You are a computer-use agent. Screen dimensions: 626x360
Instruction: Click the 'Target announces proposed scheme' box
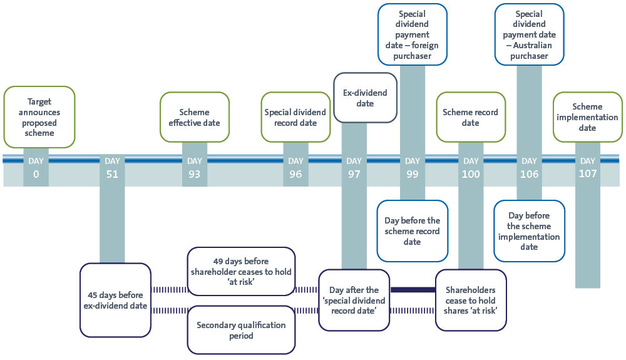[x=39, y=117]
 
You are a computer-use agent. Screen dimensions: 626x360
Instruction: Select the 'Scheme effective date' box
[x=195, y=117]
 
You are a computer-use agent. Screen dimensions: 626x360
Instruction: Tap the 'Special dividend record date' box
[x=295, y=117]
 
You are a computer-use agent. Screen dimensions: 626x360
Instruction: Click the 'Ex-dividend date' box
[x=366, y=98]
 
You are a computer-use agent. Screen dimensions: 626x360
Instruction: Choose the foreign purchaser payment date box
[x=413, y=34]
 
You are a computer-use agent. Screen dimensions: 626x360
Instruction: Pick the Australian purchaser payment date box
[x=530, y=34]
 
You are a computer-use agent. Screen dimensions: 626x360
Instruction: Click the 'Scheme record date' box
[x=471, y=117]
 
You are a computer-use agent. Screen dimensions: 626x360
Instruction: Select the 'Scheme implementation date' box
[x=587, y=117]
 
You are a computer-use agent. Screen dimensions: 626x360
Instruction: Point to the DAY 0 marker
[x=36, y=168]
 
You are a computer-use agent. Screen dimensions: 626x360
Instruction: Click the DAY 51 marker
[x=112, y=168]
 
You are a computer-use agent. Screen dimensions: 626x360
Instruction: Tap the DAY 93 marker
[x=195, y=168]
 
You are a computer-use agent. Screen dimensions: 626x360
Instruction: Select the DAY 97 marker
[x=354, y=168]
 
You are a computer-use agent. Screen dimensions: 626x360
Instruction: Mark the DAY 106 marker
[x=530, y=168]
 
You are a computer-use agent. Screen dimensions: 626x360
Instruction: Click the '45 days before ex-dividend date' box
[x=115, y=300]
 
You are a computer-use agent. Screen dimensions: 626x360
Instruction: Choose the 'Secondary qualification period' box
[x=241, y=330]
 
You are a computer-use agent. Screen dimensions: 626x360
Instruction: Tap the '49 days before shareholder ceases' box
[x=241, y=271]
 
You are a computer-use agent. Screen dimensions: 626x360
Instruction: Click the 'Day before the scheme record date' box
[x=413, y=231]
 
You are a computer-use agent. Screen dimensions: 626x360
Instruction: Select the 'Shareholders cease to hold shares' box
[x=471, y=300]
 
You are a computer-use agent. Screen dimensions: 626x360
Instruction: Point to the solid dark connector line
[x=413, y=290]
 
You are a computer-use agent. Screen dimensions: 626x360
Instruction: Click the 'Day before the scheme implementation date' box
[x=530, y=231]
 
